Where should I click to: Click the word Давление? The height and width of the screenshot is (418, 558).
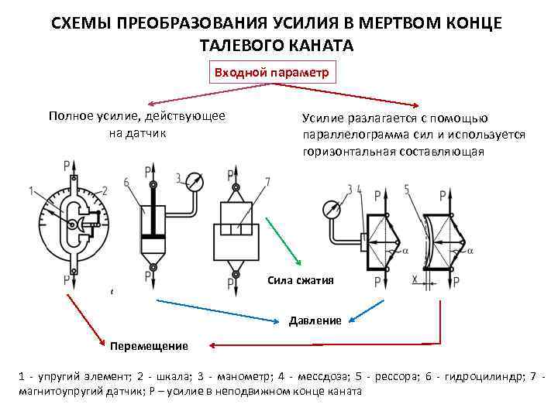(x=315, y=320)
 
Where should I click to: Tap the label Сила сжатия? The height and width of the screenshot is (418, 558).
(x=301, y=280)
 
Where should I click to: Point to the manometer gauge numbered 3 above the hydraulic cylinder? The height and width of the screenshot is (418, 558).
(x=196, y=183)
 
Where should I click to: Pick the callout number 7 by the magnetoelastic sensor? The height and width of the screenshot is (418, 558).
(x=267, y=182)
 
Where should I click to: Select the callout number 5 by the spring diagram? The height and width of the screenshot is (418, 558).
(x=407, y=189)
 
